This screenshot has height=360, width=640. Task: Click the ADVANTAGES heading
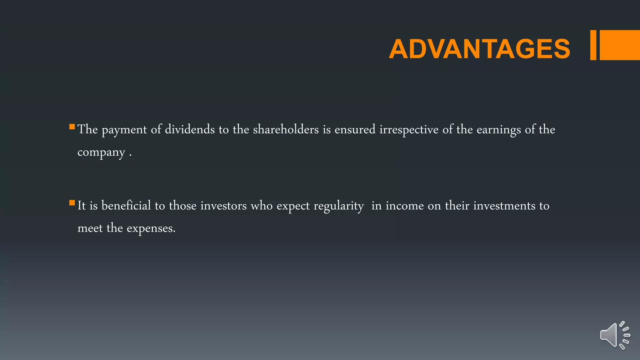[x=479, y=49]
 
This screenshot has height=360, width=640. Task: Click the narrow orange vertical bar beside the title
[x=593, y=45]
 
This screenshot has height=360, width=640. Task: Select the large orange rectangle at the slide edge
[x=620, y=45]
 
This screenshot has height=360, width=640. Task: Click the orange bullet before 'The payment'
[x=72, y=127]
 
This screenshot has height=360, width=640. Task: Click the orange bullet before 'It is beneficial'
[x=72, y=203]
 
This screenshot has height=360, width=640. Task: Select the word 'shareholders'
[x=286, y=129]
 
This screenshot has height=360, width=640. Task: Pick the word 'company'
[x=101, y=153]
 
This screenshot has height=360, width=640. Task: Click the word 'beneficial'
[x=126, y=206]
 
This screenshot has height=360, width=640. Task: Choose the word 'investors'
[x=223, y=206]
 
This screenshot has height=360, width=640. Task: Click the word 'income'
[x=405, y=206]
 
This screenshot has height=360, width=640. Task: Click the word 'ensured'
[x=355, y=129]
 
